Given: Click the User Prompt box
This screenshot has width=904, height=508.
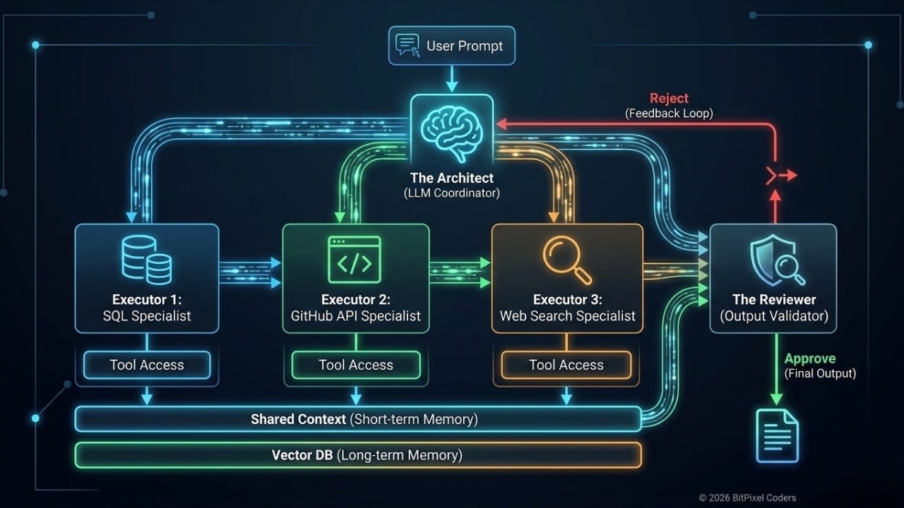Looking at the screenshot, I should (x=452, y=46).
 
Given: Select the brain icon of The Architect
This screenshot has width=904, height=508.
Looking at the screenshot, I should (x=452, y=130).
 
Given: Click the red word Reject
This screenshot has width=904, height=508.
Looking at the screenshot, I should (x=669, y=98).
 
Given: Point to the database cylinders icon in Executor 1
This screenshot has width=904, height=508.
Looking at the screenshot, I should (x=146, y=259).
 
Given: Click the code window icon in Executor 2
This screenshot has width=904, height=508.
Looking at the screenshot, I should (x=355, y=259).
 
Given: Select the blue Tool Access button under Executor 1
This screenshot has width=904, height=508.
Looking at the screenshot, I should (x=147, y=365).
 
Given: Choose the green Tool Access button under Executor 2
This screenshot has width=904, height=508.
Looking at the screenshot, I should (x=356, y=365).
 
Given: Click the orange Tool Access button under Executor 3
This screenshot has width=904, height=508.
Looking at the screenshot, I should (x=566, y=365).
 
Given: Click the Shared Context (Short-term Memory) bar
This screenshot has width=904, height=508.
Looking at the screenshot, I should (x=358, y=419).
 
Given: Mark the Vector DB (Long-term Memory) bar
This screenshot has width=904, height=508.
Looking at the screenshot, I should (x=358, y=455).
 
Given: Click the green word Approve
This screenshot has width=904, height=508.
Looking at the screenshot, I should (x=809, y=358).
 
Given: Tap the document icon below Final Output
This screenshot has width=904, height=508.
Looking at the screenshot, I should (x=777, y=436).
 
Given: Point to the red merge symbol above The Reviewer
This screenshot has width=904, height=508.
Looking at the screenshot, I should (x=780, y=175).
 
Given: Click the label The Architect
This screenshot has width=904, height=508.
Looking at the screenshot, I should (x=452, y=179).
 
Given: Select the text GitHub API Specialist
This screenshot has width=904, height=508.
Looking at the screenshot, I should (x=356, y=316).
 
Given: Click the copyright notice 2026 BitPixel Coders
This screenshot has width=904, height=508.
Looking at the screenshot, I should (x=747, y=497).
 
